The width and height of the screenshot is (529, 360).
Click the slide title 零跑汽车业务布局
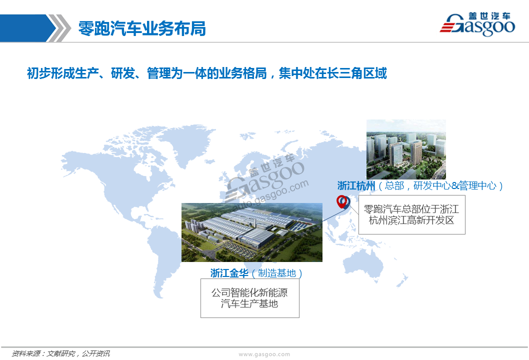142,28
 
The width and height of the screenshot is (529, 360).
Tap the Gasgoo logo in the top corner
477,24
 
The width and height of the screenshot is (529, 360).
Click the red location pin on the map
342,202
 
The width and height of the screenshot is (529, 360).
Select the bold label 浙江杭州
356,185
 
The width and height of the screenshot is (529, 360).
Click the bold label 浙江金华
229,273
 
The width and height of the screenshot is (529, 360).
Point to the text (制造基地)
277,273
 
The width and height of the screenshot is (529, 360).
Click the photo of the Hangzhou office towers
406,149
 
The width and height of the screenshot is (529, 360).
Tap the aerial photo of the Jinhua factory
252,232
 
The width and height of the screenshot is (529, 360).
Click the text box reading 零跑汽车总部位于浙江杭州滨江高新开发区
411,214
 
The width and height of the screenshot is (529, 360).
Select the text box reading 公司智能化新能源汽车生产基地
249,298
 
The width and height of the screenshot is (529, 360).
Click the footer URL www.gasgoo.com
264,354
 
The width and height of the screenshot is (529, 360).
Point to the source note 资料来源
26,353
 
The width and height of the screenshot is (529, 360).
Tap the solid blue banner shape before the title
27,28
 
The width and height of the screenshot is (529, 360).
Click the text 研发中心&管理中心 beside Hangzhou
455,185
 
